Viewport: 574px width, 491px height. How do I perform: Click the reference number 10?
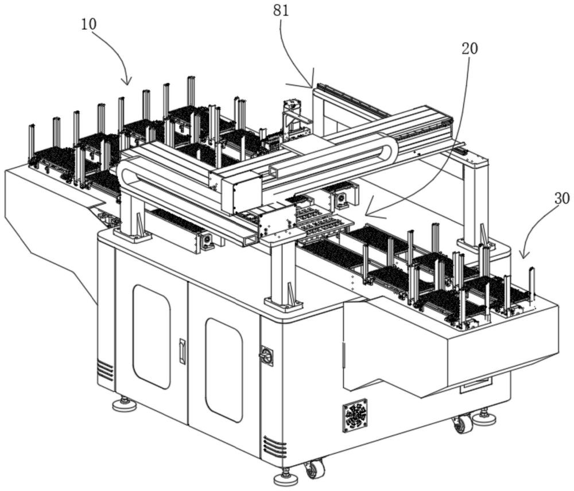[88, 24]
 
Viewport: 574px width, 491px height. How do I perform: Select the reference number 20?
[470, 48]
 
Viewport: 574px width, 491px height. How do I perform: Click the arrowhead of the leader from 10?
[128, 83]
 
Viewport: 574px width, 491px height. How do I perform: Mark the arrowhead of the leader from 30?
[521, 256]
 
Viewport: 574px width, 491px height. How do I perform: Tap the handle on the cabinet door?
[183, 351]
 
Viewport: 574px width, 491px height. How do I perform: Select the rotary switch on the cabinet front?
[267, 356]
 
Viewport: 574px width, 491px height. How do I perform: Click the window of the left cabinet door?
[152, 336]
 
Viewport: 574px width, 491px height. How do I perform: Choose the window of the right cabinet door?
[224, 370]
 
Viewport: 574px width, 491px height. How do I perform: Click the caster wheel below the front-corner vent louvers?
[313, 469]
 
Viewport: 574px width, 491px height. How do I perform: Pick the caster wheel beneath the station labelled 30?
[463, 424]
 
